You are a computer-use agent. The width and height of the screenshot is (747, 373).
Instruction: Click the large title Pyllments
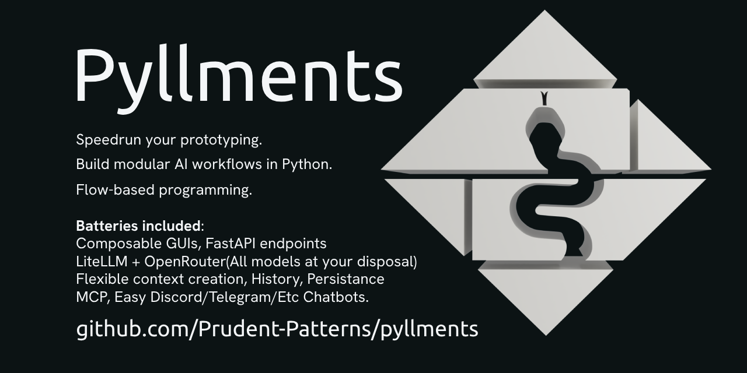[238, 75]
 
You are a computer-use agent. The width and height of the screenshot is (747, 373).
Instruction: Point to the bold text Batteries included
[138, 226]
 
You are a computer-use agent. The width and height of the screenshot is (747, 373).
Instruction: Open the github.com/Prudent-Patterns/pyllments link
[277, 329]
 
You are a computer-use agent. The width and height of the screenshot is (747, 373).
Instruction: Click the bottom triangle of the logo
[546, 297]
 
